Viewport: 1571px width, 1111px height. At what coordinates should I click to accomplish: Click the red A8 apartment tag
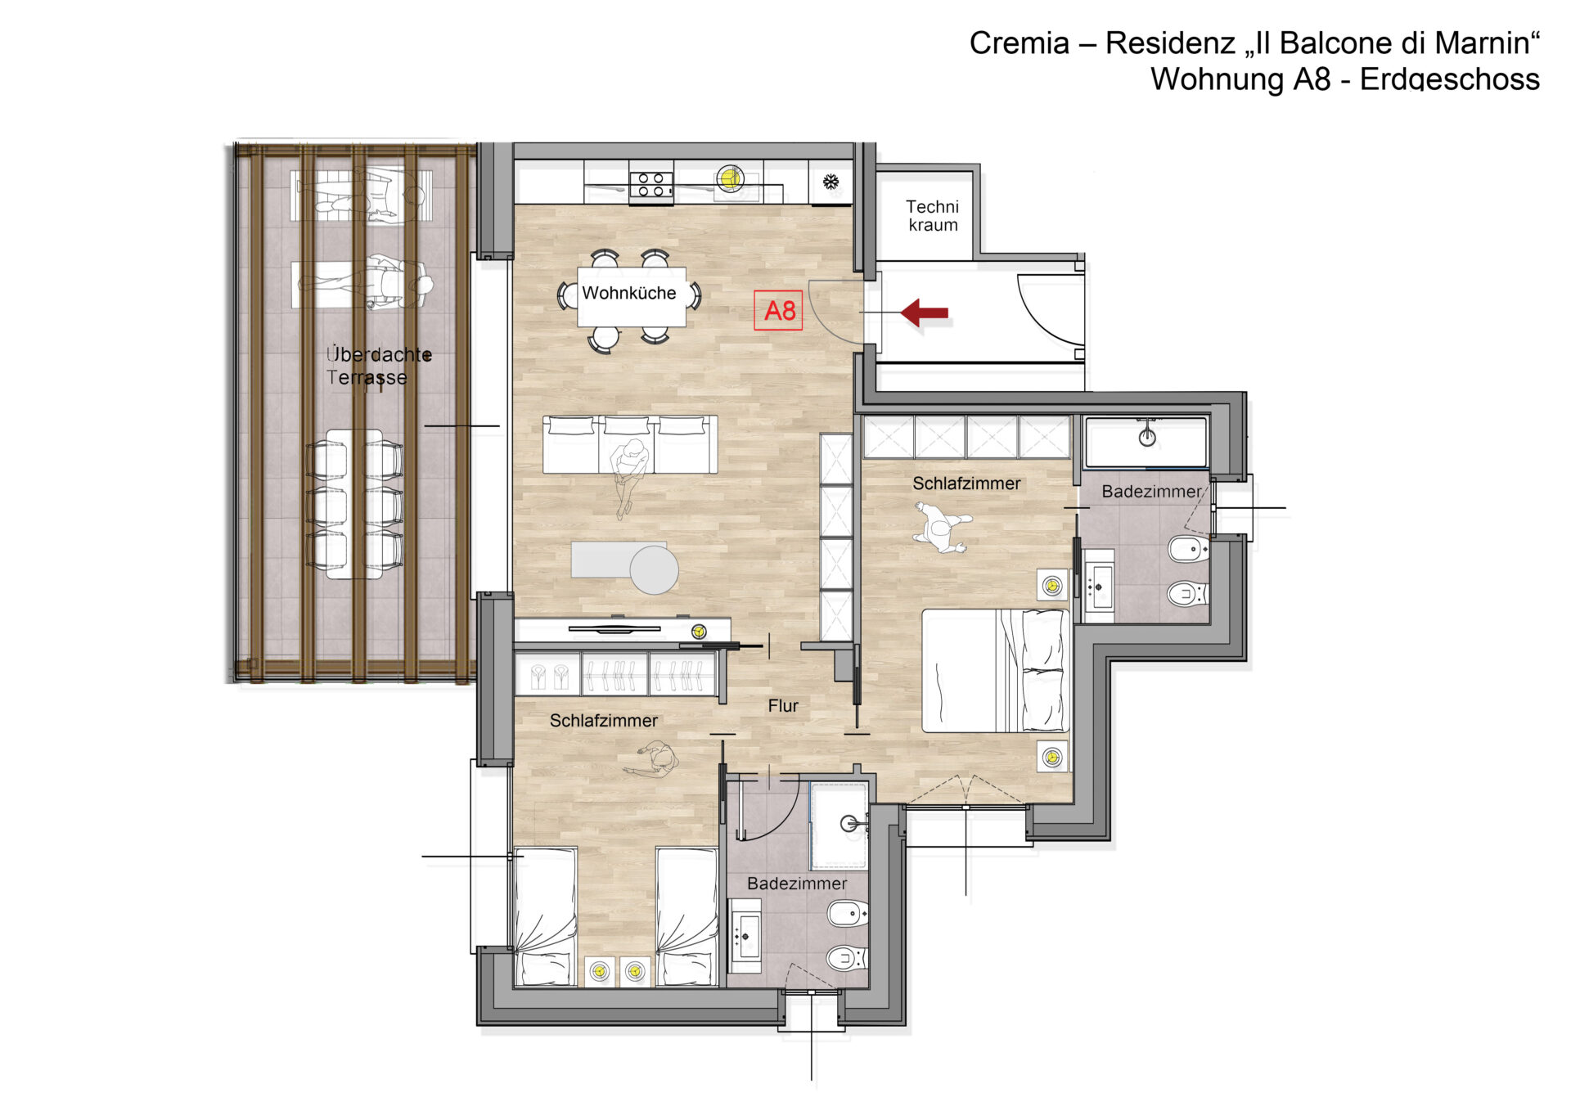click(778, 311)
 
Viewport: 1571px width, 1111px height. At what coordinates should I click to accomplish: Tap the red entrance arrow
click(925, 313)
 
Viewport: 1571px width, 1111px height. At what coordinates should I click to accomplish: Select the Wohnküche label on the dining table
click(629, 293)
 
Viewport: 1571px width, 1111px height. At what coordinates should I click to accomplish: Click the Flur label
click(783, 706)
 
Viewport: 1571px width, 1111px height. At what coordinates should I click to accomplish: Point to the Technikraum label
click(933, 216)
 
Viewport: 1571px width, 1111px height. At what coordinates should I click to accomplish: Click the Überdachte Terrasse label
click(379, 366)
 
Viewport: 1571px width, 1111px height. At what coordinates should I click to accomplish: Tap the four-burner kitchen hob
click(651, 185)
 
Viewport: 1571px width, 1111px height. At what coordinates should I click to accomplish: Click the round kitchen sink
click(730, 178)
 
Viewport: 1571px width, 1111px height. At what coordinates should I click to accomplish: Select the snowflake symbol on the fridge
click(831, 182)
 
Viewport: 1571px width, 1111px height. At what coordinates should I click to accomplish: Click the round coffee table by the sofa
click(654, 569)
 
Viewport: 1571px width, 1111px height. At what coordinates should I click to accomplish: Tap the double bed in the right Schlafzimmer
click(996, 670)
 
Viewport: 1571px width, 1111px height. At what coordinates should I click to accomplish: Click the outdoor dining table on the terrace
click(354, 504)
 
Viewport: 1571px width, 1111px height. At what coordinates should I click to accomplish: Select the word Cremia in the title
click(1020, 43)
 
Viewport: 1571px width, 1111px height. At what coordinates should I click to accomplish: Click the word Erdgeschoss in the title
click(1450, 79)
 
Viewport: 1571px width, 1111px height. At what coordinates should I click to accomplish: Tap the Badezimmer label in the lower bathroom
click(797, 884)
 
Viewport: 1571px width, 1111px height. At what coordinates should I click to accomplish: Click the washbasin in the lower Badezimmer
click(745, 930)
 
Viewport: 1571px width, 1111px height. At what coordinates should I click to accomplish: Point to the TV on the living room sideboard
click(614, 629)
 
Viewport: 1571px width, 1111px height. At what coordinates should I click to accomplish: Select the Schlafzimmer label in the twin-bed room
click(604, 721)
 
